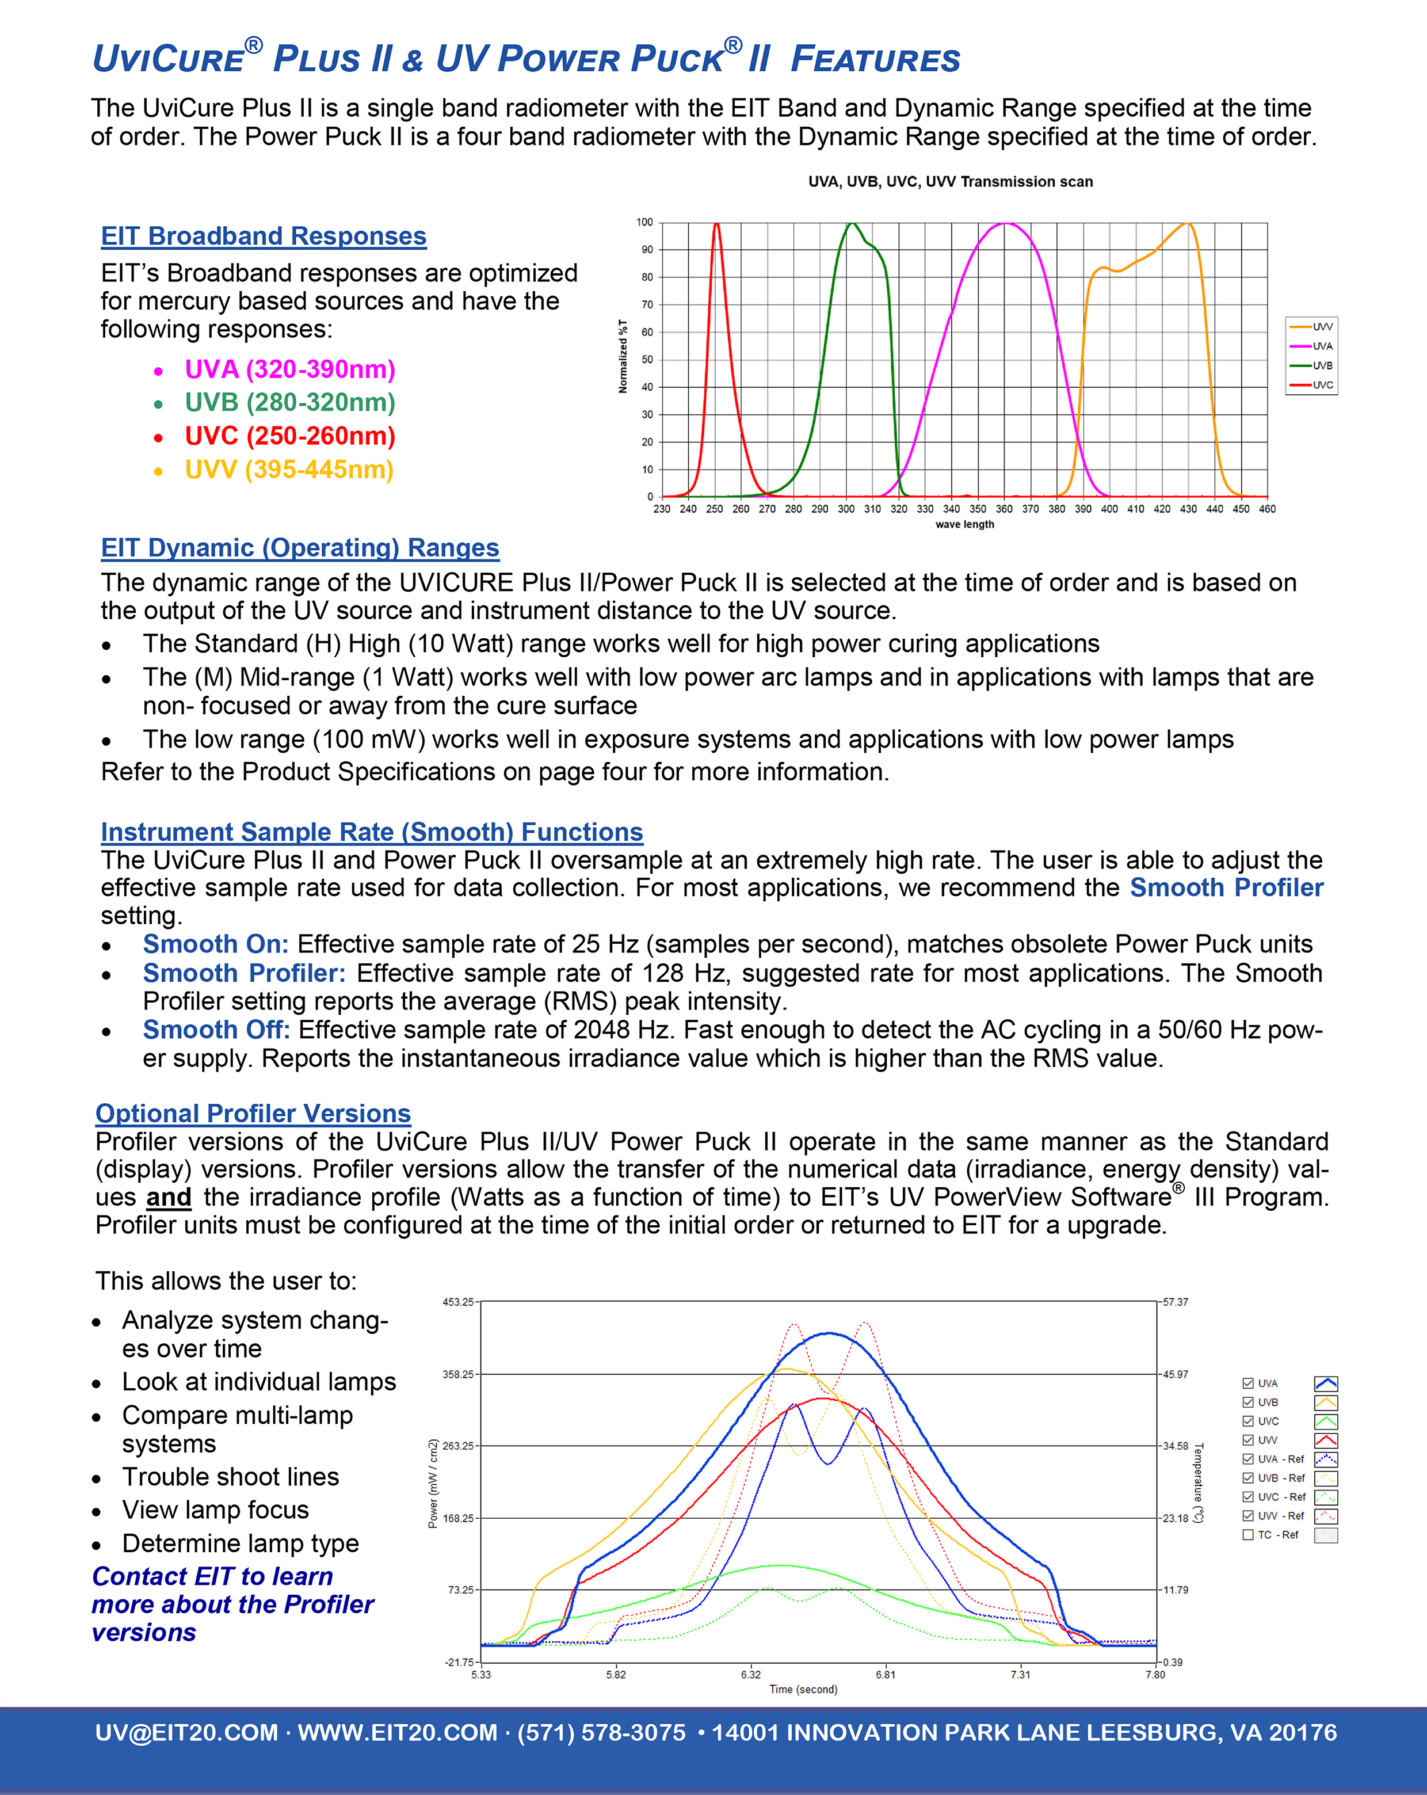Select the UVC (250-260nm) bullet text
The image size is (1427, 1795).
coord(290,436)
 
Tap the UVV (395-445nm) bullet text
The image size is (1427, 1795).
coord(289,470)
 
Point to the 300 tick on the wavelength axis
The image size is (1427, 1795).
coord(846,509)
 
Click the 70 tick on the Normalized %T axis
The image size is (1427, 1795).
coord(647,304)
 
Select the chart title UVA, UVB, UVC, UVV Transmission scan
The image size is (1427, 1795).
coord(950,181)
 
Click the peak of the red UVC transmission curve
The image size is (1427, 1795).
coord(716,224)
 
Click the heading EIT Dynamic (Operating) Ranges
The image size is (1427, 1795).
coord(300,548)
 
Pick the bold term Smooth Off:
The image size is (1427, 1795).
coord(216,1030)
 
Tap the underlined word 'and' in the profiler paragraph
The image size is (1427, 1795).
coord(169,1197)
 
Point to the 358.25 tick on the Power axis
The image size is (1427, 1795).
coord(458,1374)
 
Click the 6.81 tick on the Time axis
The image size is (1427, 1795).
coord(885,1674)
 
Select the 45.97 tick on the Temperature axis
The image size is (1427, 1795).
coord(1175,1374)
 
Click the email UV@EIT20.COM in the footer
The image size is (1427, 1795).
coord(186,1733)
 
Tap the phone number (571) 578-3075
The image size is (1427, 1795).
coord(601,1733)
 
